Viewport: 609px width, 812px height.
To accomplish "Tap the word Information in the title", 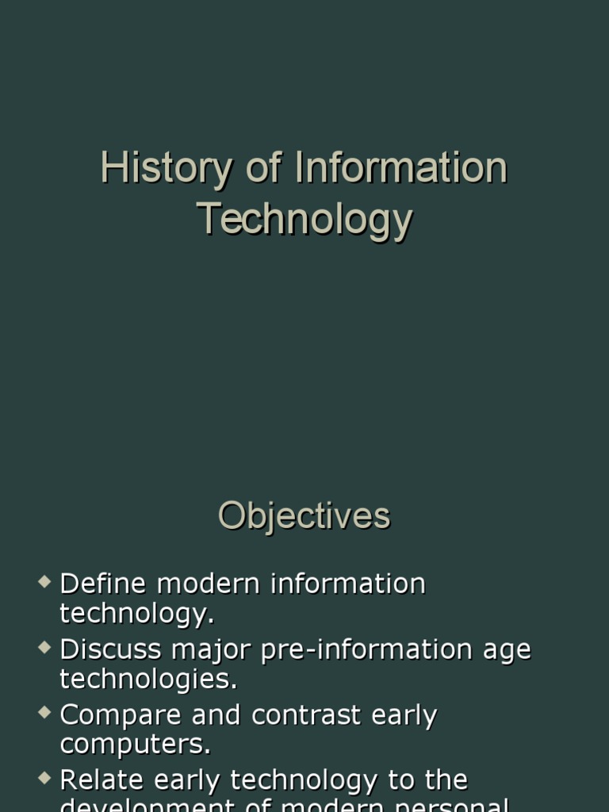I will point(400,169).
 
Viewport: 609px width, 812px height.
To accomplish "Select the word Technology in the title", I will point(304,219).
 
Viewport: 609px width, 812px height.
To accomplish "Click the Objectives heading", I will point(304,515).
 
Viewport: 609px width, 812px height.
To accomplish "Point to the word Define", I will point(103,584).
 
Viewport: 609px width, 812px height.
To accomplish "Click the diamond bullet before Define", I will point(44,583).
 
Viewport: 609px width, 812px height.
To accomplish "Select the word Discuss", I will point(109,649).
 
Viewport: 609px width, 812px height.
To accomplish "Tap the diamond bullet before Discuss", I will point(44,648).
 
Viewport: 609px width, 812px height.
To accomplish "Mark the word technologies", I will point(148,679).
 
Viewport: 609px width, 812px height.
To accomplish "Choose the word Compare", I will point(118,715).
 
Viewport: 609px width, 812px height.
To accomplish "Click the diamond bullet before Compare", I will point(44,714).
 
